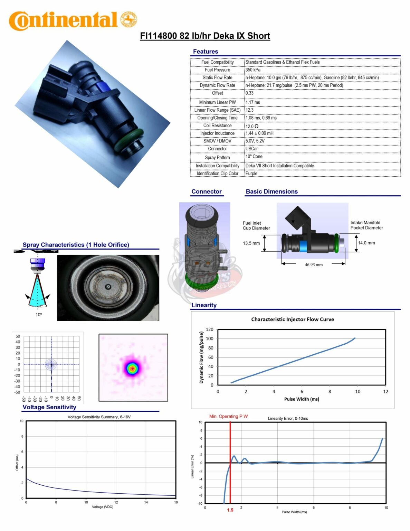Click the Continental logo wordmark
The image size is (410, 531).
(64, 21)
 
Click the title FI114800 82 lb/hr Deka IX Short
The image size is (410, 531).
(205, 36)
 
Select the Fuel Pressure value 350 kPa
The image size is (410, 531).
(253, 70)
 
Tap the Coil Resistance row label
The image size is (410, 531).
(217, 126)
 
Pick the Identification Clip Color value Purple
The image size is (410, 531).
(251, 174)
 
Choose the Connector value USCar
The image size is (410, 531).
(251, 149)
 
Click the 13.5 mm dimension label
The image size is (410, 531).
(251, 243)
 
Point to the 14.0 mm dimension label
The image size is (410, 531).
(366, 243)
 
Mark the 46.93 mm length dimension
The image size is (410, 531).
(314, 265)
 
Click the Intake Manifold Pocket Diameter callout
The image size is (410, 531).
(366, 225)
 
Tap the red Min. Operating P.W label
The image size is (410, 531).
(228, 417)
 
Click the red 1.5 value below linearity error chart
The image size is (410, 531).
(230, 510)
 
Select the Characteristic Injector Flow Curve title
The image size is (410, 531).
(292, 319)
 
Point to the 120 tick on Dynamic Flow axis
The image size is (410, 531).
(209, 329)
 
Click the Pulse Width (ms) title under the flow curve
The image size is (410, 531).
(302, 399)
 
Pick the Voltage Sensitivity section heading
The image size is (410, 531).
(49, 407)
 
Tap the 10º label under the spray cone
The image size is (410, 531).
(39, 315)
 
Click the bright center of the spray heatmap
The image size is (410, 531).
(132, 369)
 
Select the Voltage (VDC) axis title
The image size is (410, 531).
(102, 507)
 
